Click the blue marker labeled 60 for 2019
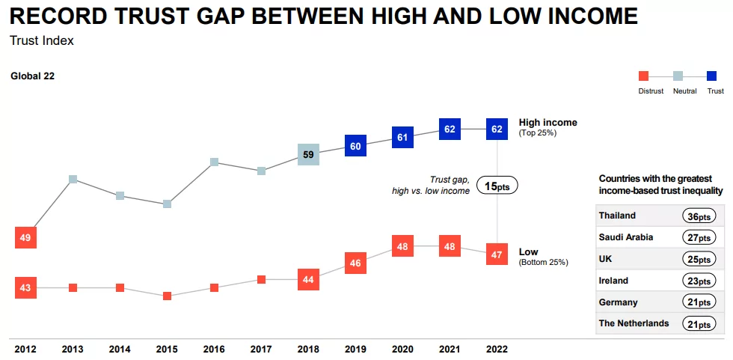coord(355,146)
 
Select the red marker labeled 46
coord(355,263)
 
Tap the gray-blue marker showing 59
coord(308,154)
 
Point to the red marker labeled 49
coord(25,237)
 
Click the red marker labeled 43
coord(25,287)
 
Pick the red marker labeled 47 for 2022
coord(497,254)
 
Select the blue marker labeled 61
coord(402,137)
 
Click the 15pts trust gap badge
coord(497,186)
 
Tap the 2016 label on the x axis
coord(214,349)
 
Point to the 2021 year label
coord(450,349)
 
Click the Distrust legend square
coord(643,76)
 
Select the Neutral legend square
coord(678,76)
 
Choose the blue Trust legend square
coord(712,76)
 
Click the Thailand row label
coord(617,216)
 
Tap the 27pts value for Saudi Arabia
coord(699,237)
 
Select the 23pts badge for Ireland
coord(699,281)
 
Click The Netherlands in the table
coord(634,323)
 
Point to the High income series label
coord(548,123)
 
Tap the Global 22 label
coord(32,76)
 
